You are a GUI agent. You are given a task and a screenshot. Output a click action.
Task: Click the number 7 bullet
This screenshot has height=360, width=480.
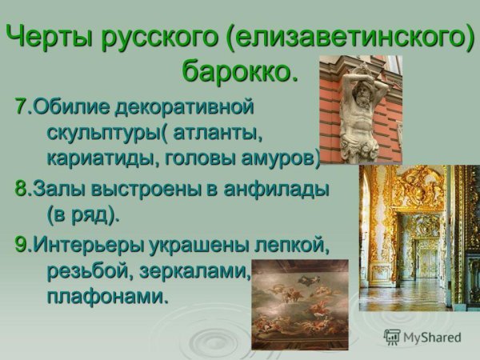22,106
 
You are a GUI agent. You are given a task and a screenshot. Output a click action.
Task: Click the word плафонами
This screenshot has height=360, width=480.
103,297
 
